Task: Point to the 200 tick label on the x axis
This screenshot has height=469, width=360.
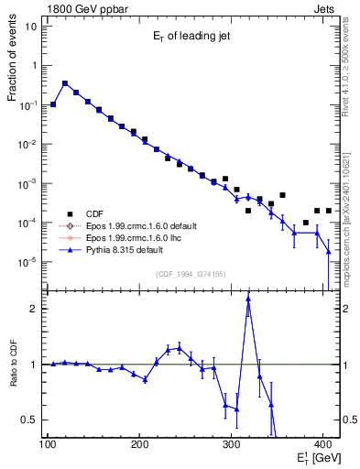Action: pyautogui.click(x=139, y=444)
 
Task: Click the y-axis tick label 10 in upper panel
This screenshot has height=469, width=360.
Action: pyautogui.click(x=35, y=26)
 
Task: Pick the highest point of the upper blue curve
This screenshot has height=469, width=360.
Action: pyautogui.click(x=65, y=83)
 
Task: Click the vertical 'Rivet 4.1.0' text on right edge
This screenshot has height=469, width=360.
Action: pyautogui.click(x=350, y=55)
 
